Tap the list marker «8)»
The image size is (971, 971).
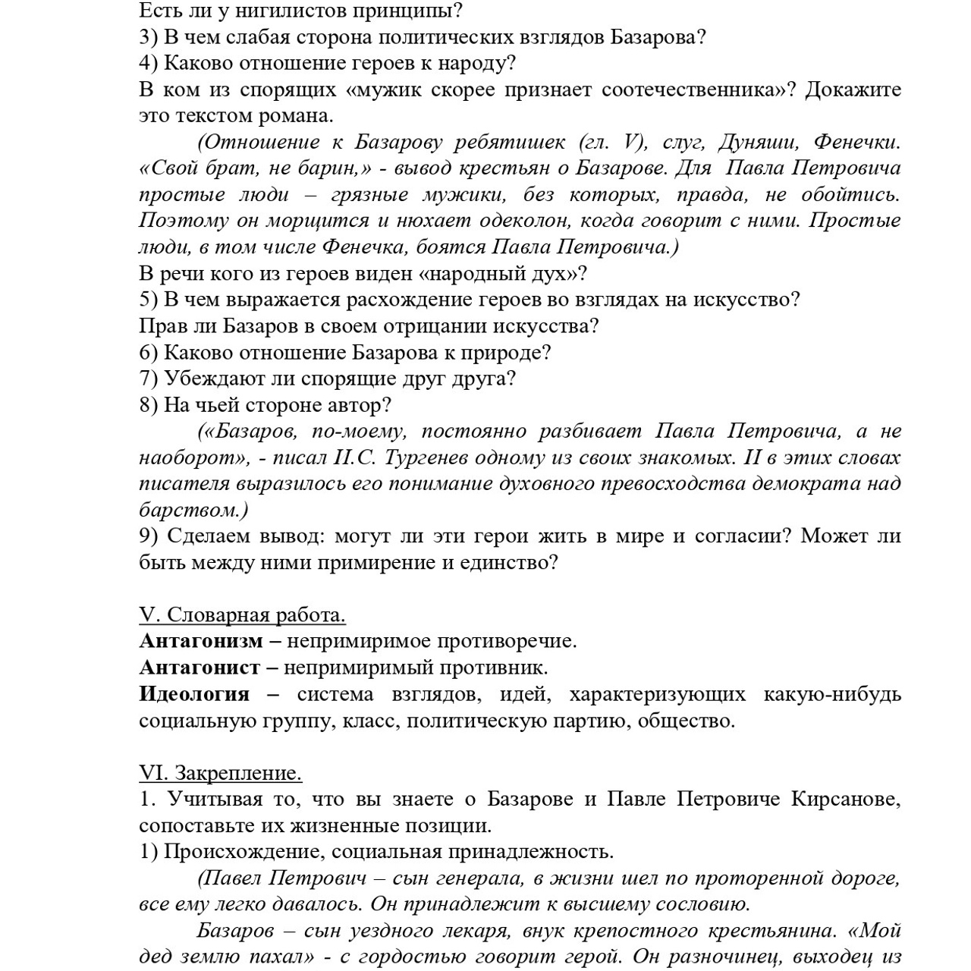tap(149, 405)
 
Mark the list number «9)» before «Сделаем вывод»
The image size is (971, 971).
tap(149, 536)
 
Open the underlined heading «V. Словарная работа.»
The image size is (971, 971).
tap(242, 614)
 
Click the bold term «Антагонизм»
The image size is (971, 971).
tap(200, 641)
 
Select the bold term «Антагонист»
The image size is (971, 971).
tap(199, 668)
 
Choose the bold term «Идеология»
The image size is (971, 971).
tap(194, 694)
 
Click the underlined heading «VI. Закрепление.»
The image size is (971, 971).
tap(220, 773)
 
